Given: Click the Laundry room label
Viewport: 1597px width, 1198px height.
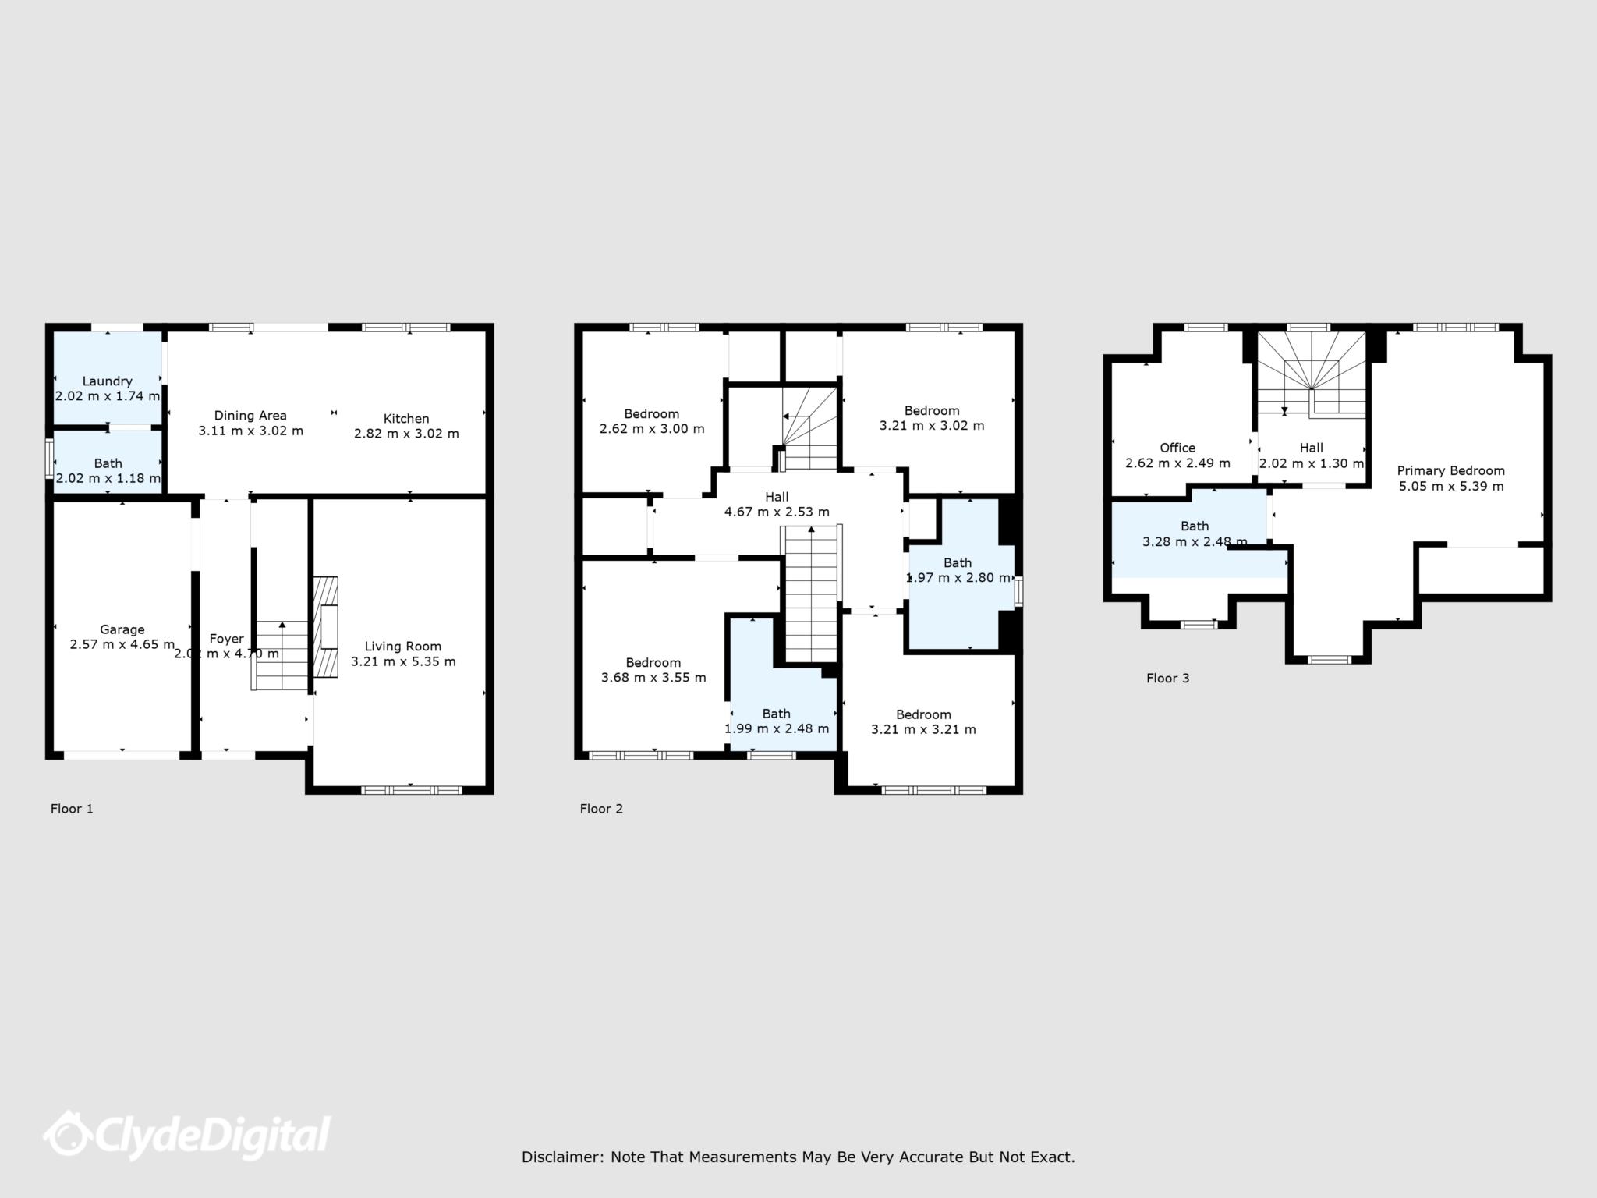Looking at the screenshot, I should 107,381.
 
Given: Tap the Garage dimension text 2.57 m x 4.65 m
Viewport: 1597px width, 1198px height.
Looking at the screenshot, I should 122,645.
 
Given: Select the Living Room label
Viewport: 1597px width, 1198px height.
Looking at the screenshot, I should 402,647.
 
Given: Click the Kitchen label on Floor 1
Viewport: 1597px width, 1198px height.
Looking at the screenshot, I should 406,419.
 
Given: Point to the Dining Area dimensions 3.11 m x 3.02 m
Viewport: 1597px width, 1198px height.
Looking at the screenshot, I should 250,431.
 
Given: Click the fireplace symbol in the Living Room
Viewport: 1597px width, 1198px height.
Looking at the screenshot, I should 326,627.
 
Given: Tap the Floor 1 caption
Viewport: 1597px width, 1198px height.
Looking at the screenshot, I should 72,809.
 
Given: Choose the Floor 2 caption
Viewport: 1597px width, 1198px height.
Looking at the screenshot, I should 601,809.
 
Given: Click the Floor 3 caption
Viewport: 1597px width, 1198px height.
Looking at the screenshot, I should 1167,679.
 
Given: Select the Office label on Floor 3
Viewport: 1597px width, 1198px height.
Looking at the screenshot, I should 1177,448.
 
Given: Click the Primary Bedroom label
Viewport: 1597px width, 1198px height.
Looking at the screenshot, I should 1450,470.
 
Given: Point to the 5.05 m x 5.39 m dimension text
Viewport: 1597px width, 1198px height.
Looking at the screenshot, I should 1450,487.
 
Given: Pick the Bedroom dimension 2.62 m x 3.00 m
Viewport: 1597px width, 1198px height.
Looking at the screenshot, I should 652,429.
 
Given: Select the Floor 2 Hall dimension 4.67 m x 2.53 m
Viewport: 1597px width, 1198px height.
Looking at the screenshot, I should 777,512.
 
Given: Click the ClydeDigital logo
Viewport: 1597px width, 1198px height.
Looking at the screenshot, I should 187,1137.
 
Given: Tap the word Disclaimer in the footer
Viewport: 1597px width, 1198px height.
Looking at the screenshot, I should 561,1157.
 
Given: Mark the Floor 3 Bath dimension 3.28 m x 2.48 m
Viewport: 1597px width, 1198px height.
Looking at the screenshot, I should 1194,542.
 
